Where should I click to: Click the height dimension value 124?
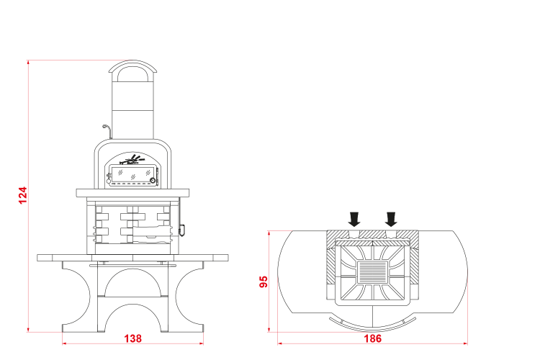[22, 195]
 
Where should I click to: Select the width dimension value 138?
[132, 338]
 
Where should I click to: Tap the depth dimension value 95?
[264, 282]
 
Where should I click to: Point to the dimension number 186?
[373, 338]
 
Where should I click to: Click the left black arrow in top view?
[354, 219]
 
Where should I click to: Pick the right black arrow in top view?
[391, 219]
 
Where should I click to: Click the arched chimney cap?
[132, 68]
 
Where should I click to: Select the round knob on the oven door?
[152, 181]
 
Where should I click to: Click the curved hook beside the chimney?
[107, 131]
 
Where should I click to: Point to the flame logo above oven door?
[132, 160]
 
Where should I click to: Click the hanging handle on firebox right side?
[181, 230]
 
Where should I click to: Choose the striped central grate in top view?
[373, 272]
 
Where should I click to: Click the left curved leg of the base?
[76, 296]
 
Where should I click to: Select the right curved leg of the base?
[189, 296]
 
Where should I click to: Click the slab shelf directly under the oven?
[132, 193]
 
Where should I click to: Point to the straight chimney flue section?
[133, 110]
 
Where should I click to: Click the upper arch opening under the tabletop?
[133, 282]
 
